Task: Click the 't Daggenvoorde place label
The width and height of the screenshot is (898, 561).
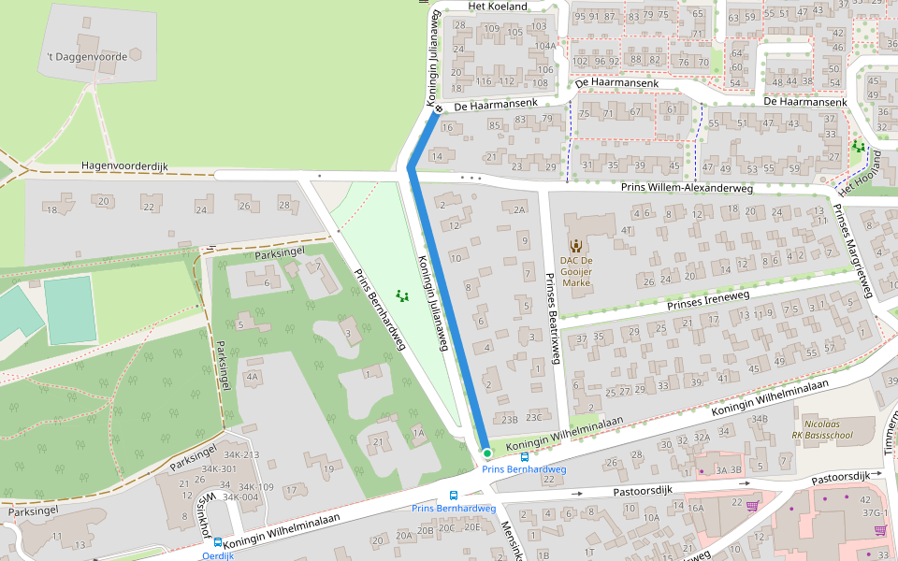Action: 86,57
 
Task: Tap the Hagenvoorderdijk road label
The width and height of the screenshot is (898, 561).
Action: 124,166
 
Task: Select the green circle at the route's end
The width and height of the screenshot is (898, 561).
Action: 487,453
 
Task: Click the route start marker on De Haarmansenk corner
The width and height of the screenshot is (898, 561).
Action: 438,108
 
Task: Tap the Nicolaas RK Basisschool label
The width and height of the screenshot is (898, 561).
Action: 822,429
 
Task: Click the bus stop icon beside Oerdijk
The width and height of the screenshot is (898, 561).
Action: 217,542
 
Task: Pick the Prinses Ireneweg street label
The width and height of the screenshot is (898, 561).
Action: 708,300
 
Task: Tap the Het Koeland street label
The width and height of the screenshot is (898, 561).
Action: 498,7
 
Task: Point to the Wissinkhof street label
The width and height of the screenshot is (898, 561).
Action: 201,510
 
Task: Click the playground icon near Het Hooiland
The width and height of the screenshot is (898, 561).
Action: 858,147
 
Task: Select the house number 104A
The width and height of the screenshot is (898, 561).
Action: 544,46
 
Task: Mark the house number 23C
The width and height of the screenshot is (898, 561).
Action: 533,418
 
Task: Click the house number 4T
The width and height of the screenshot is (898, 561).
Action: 627,229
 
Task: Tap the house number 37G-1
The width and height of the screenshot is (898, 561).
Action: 875,513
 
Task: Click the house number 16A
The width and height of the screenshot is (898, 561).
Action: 696,508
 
